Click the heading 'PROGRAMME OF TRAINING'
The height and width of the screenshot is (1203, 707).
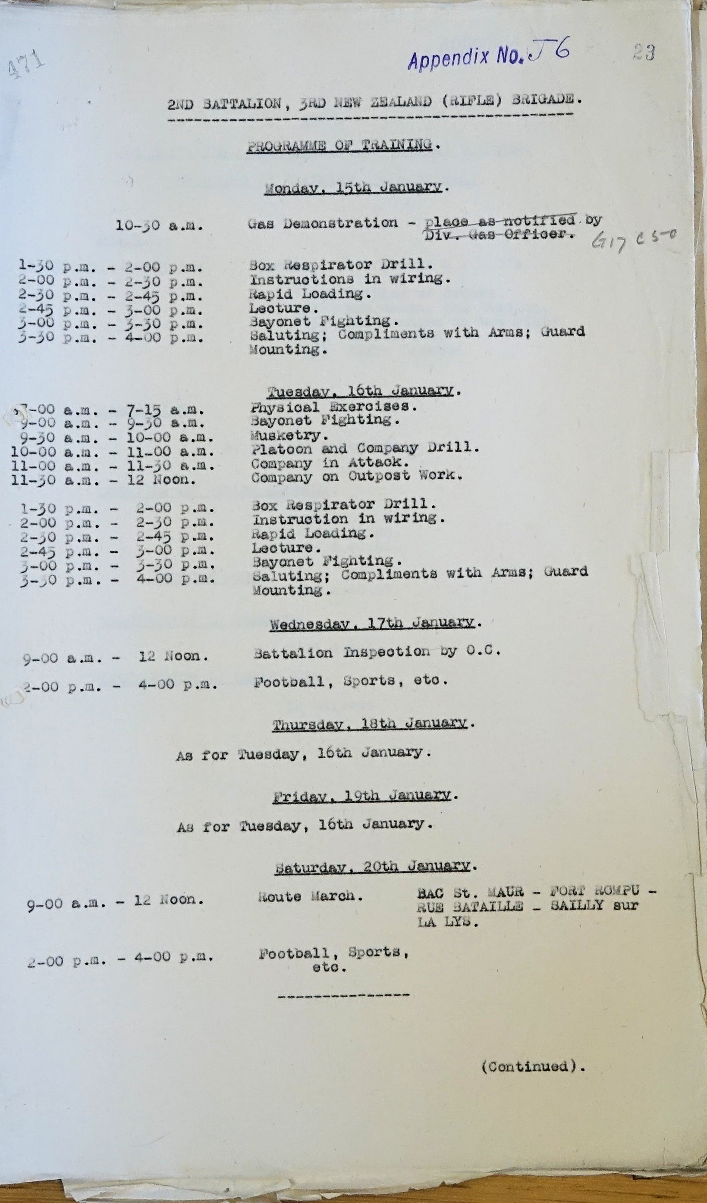coord(339,145)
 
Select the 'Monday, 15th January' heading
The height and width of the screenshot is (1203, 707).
coord(354,187)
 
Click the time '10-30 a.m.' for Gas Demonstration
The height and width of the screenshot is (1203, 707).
coord(159,226)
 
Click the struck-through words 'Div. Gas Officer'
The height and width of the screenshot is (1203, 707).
coord(498,234)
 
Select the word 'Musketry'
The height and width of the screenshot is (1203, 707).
coord(286,435)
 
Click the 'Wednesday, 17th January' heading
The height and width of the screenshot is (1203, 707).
coord(373,623)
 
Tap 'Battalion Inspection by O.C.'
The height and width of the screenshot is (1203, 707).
coord(377,653)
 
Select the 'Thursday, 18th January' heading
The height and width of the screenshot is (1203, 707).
coord(370,724)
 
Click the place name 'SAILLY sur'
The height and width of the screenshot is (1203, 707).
coord(594,906)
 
